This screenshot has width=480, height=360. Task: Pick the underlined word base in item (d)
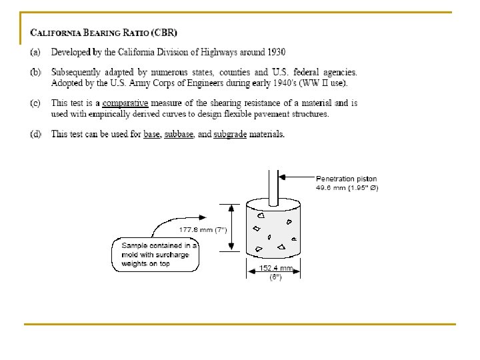coord(152,135)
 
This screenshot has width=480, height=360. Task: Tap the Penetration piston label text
coord(346,179)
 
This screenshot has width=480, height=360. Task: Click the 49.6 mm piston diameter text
coord(347,187)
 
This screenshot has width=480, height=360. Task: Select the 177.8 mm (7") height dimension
coord(203,229)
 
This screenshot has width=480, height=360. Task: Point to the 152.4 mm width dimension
coord(276,268)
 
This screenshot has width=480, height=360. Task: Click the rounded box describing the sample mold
coord(155,255)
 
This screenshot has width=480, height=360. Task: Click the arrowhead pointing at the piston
coord(283,177)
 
